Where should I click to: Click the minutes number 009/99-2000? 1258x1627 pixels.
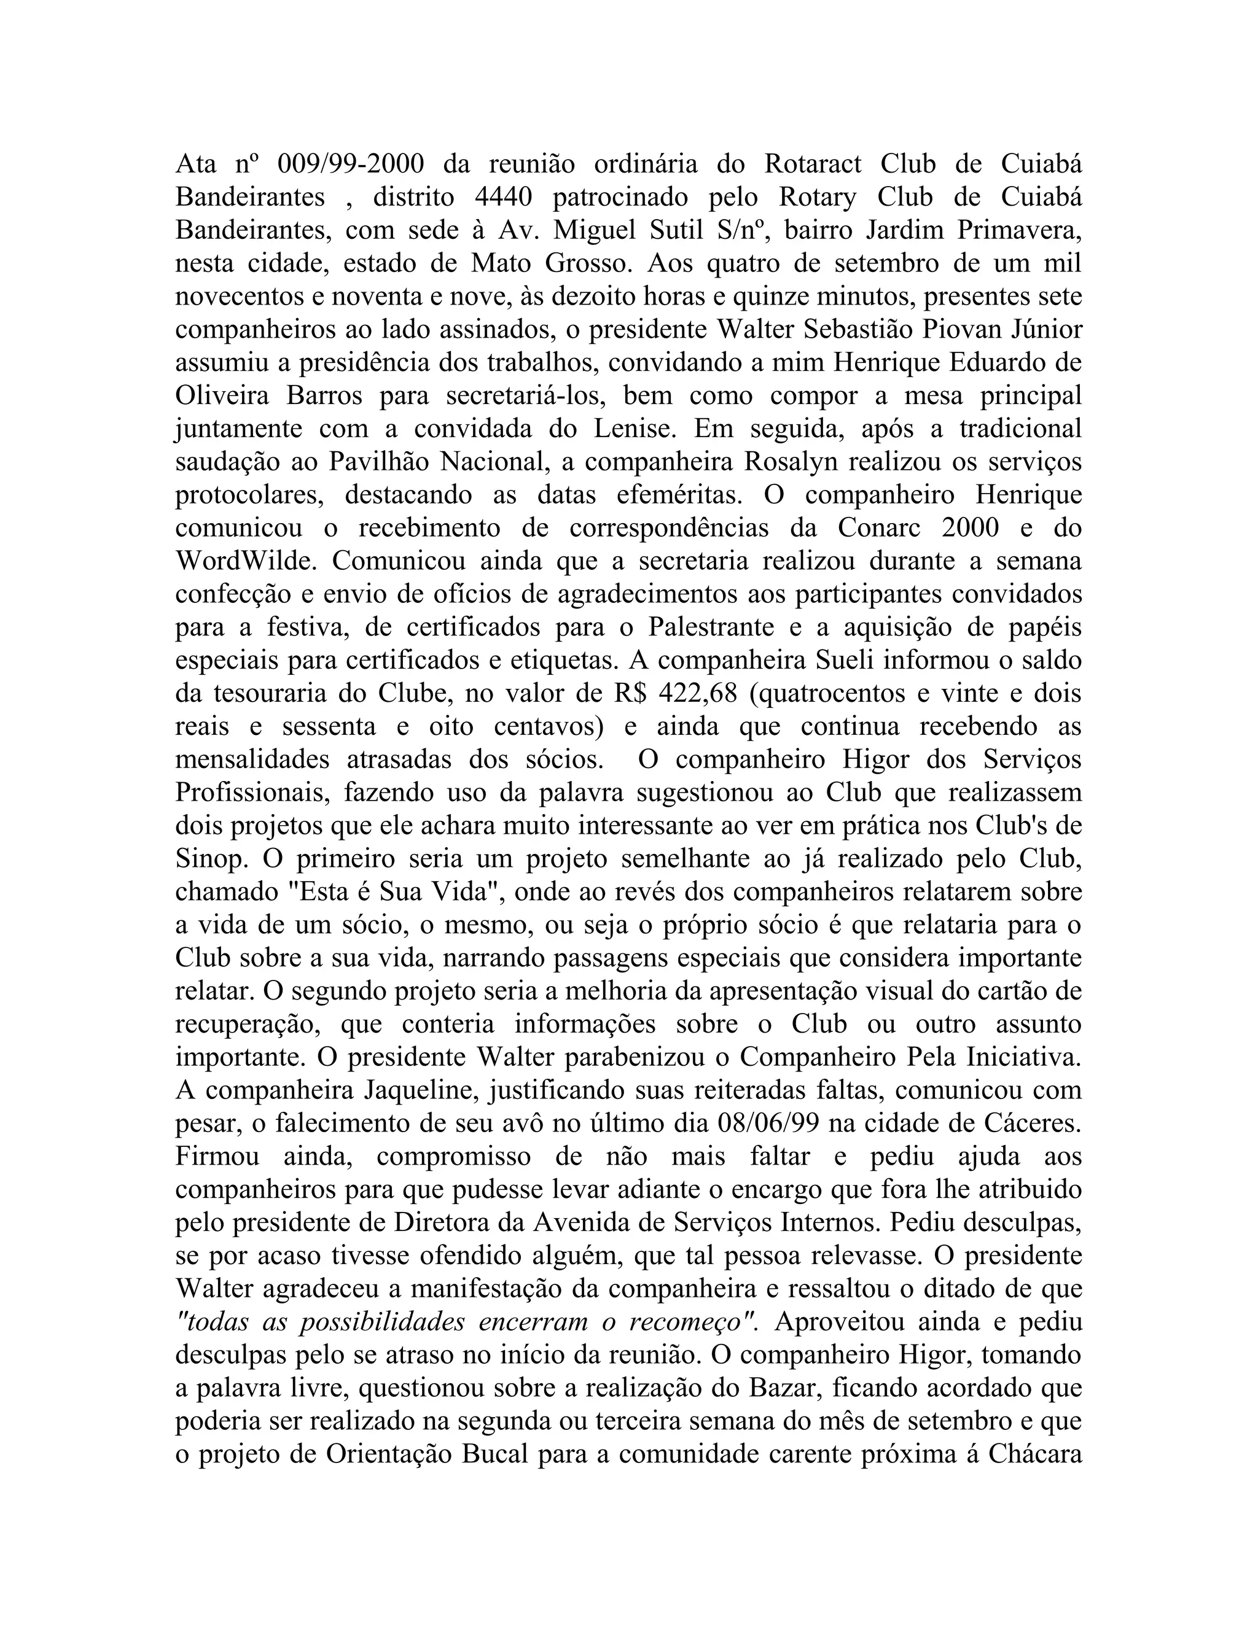pyautogui.click(x=350, y=163)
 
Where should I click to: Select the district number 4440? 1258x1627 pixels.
pyautogui.click(x=503, y=196)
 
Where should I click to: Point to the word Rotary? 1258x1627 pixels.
pyautogui.click(x=818, y=196)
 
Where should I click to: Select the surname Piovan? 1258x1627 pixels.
pyautogui.click(x=955, y=329)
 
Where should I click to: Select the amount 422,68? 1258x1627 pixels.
pyautogui.click(x=698, y=694)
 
